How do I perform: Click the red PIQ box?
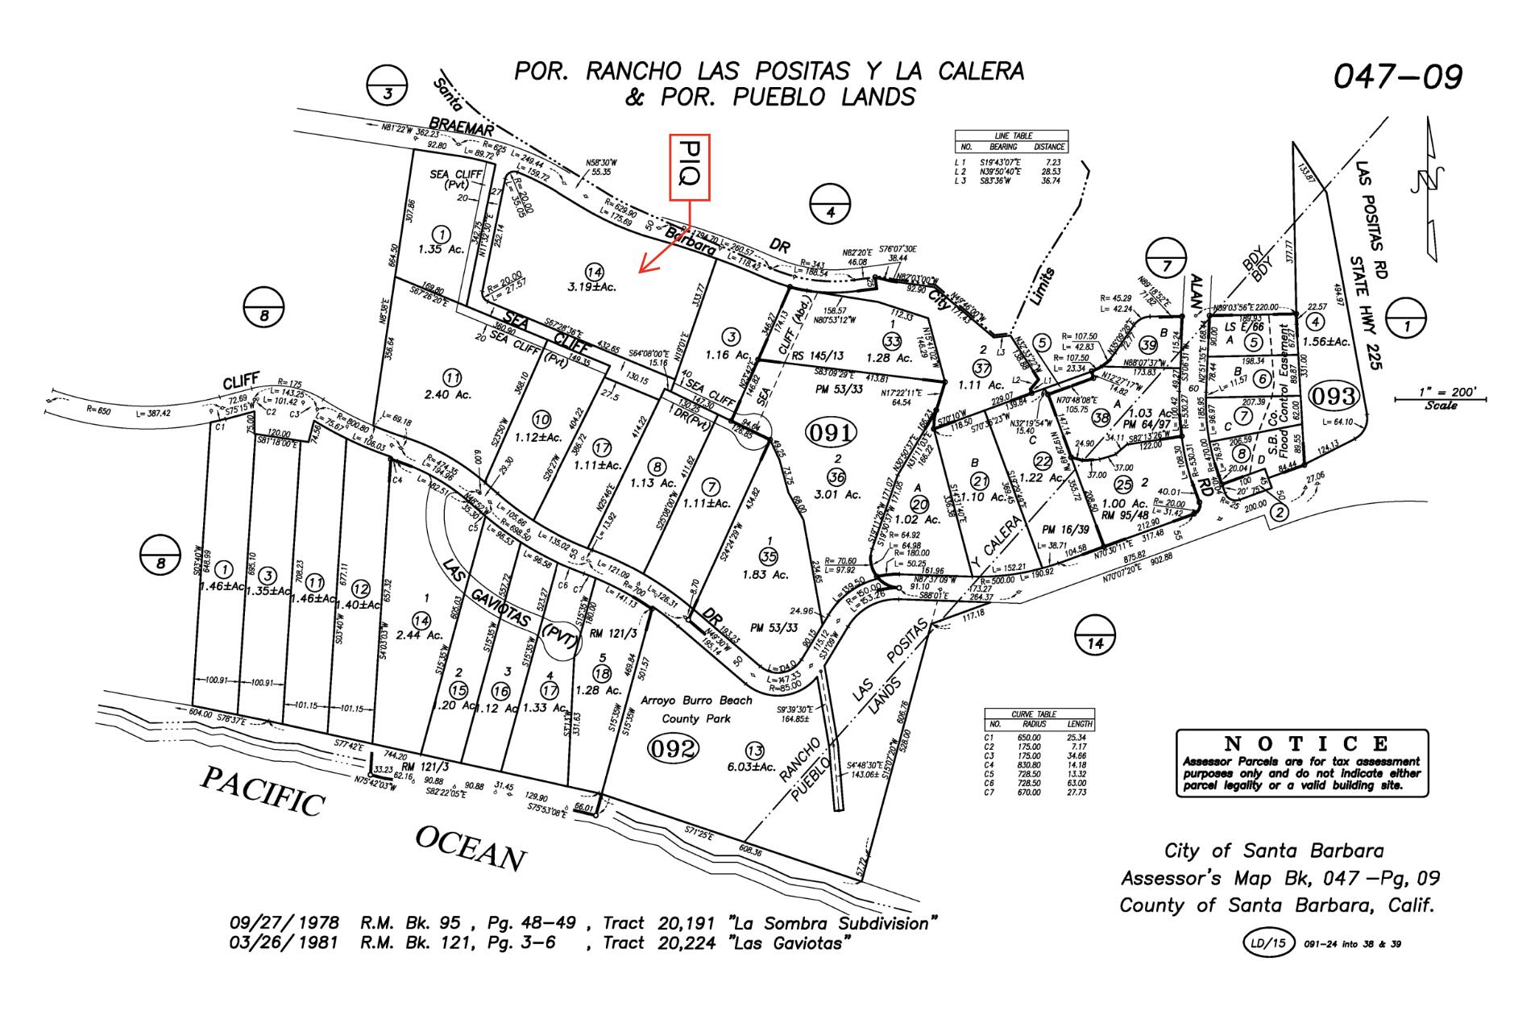click(689, 166)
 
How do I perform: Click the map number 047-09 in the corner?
click(1397, 77)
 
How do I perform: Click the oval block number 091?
click(830, 433)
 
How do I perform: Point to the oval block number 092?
click(673, 749)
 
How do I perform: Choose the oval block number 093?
click(1334, 397)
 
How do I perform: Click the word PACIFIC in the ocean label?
click(263, 791)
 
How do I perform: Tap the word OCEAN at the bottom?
click(471, 848)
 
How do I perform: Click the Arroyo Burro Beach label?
click(697, 701)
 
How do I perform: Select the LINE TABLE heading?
click(1012, 135)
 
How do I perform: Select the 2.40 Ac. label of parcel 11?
click(452, 395)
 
